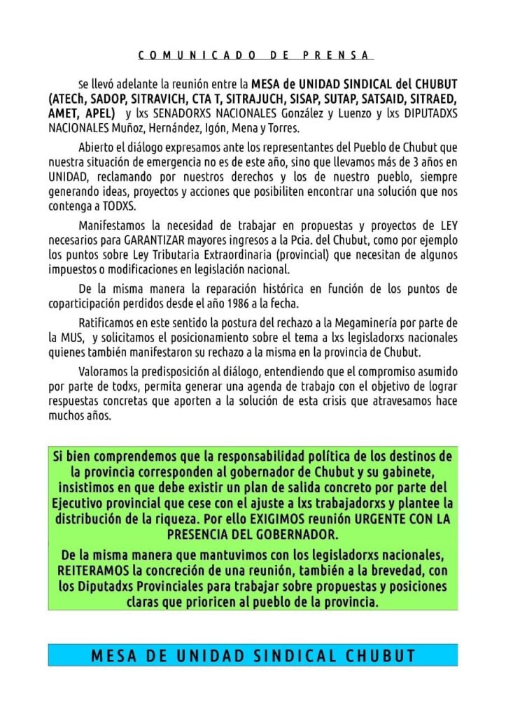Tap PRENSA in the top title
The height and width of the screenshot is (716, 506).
[x=338, y=55]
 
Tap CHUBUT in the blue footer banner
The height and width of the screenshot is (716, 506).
[x=381, y=656]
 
